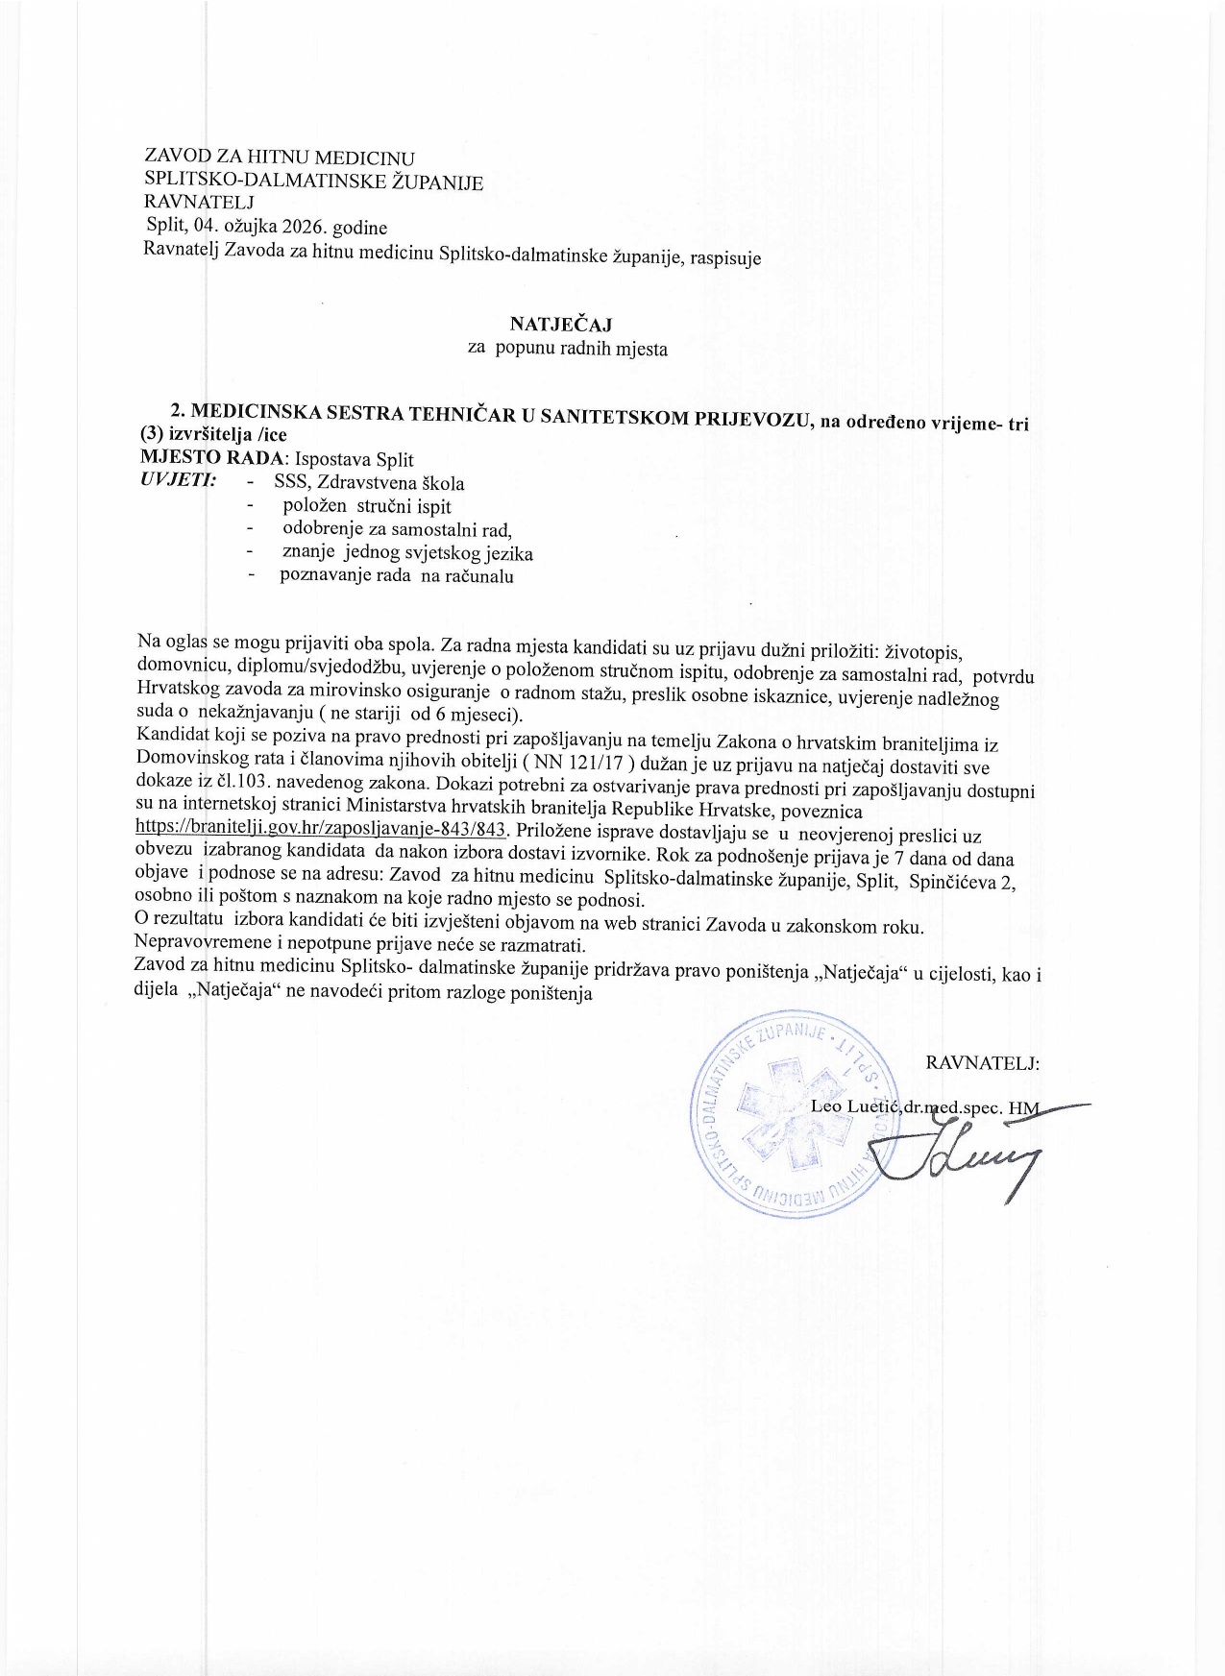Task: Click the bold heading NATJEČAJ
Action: click(561, 325)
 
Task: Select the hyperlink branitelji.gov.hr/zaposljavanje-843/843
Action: click(321, 829)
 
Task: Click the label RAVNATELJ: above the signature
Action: click(982, 1063)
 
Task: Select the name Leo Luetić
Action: click(853, 1105)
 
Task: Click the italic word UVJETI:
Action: click(179, 479)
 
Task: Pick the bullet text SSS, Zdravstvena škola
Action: click(369, 483)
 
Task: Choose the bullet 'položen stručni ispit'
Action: click(366, 506)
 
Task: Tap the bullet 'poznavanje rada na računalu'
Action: click(396, 576)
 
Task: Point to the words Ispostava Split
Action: click(355, 459)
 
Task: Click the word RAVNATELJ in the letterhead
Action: click(199, 202)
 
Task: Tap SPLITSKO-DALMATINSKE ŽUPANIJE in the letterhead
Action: click(313, 180)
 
